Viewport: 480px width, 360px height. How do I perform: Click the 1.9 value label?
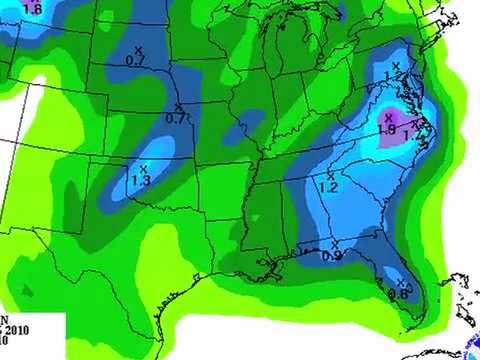pos(388,129)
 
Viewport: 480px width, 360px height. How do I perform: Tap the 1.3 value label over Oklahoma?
pos(141,180)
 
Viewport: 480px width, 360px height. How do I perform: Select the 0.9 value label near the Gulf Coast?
pos(332,256)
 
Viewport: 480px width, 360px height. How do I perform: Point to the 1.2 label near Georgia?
pos(328,187)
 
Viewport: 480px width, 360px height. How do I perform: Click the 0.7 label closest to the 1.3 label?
pos(176,118)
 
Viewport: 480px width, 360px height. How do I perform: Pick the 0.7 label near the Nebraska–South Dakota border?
pos(135,61)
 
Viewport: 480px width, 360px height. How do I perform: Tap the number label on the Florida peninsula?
pos(397,294)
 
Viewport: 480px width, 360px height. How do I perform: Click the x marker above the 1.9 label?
pos(388,118)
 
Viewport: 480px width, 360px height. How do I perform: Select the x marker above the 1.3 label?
pos(144,168)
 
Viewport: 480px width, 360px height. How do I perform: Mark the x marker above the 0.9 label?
pos(333,244)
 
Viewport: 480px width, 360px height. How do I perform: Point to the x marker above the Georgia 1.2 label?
pos(330,175)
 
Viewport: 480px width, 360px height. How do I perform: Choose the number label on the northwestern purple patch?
pos(32,9)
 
